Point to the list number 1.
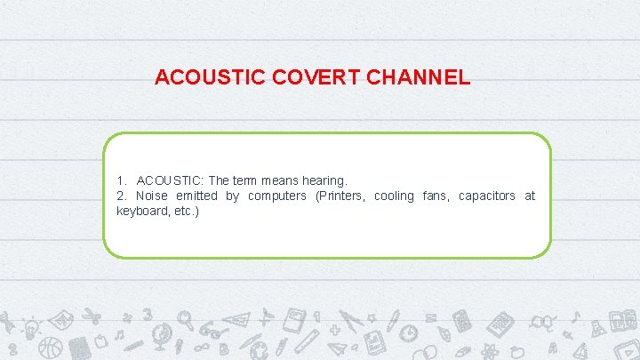pos(121,180)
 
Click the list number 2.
pos(121,196)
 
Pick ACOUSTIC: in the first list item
pos(170,180)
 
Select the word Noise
pos(152,196)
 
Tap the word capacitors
pos(485,196)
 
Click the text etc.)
pos(186,212)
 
